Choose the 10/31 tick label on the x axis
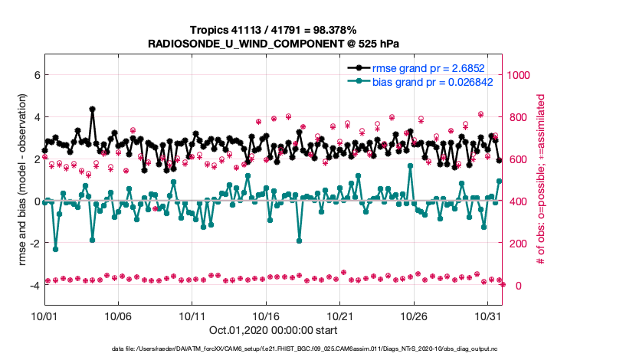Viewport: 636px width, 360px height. pyautogui.click(x=488, y=315)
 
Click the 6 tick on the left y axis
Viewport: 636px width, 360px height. pyautogui.click(x=34, y=75)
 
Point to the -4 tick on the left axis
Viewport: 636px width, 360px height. pyautogui.click(x=32, y=286)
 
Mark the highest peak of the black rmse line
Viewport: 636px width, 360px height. pyautogui.click(x=92, y=109)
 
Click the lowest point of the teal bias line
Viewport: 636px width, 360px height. pyautogui.click(x=55, y=249)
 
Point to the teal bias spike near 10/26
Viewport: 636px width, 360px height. pyautogui.click(x=411, y=165)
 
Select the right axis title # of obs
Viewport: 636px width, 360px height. pyautogui.click(x=541, y=180)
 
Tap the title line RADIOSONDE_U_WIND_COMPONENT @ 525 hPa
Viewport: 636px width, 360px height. pyautogui.click(x=273, y=44)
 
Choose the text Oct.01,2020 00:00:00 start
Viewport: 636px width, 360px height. pyautogui.click(x=273, y=330)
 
